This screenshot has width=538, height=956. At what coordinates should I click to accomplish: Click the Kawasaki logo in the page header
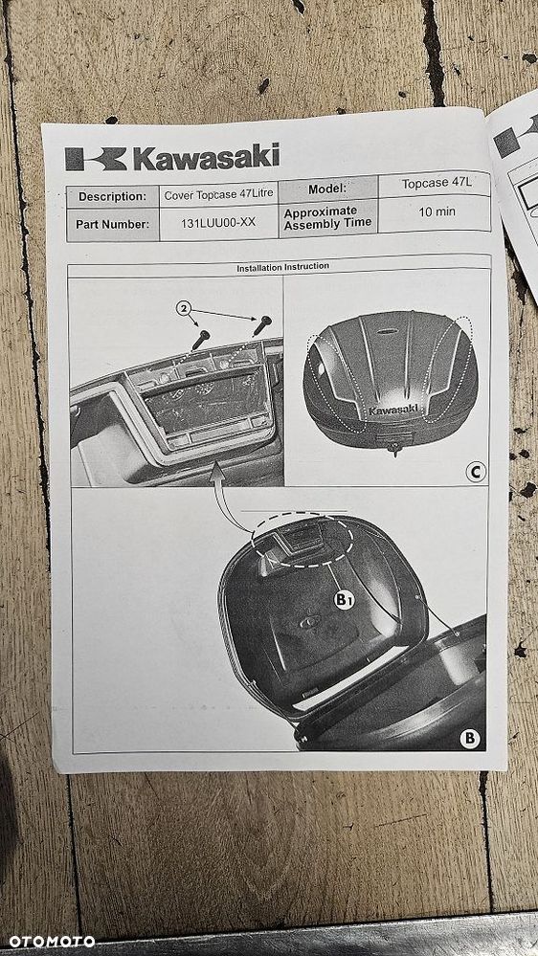click(172, 156)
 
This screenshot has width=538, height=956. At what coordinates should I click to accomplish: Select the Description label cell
click(111, 196)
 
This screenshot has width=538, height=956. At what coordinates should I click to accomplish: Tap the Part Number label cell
click(112, 225)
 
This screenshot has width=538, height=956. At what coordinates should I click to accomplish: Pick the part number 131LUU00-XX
click(218, 223)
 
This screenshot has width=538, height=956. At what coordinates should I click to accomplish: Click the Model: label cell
click(326, 189)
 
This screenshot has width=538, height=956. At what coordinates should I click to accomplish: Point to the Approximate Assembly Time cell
click(321, 217)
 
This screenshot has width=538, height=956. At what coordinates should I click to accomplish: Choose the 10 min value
click(437, 211)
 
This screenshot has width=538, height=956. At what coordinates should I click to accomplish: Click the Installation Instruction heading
click(282, 267)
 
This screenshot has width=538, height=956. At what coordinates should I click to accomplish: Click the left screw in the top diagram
click(201, 339)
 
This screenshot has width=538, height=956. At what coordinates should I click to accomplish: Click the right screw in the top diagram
click(260, 326)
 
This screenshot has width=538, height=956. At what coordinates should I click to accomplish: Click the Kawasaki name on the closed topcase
click(393, 410)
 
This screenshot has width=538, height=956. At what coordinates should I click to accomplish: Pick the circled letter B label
click(469, 737)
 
